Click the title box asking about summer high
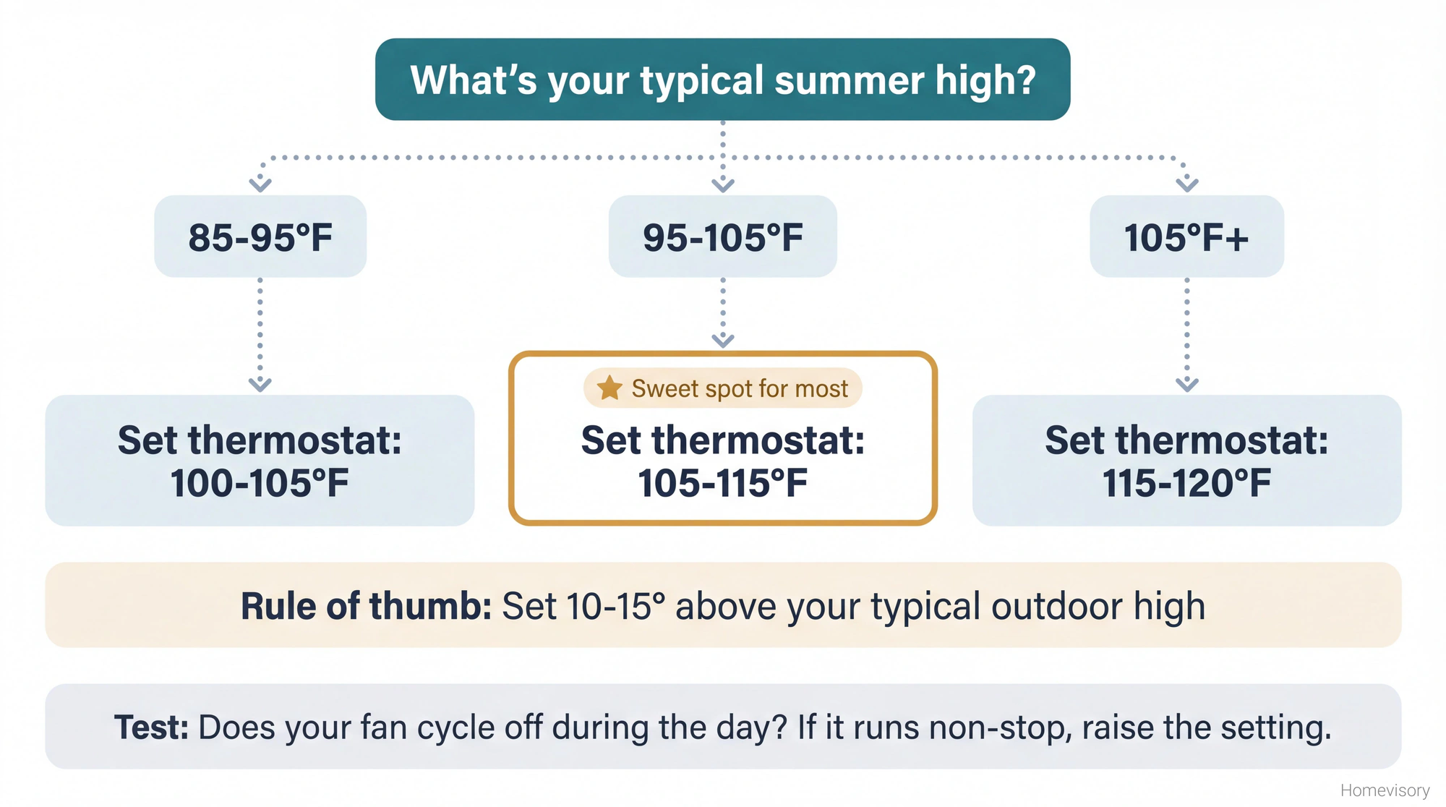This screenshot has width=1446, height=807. click(722, 80)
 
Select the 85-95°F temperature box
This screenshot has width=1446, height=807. click(260, 237)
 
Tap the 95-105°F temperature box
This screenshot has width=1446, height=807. click(722, 237)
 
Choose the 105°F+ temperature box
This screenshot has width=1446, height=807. click(1186, 237)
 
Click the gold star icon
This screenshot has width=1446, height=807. click(609, 388)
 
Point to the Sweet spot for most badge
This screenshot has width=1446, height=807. click(723, 388)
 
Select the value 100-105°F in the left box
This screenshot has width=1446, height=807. click(260, 483)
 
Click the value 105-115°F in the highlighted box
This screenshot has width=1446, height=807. click(722, 483)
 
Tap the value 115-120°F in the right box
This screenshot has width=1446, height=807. click(1186, 483)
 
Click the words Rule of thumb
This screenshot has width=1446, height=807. click(366, 606)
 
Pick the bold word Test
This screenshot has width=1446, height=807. click(151, 727)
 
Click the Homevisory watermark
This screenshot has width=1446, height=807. click(1385, 790)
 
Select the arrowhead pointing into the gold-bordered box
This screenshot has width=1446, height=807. click(723, 340)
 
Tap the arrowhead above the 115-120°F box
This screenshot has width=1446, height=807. click(1187, 384)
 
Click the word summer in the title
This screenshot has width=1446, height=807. click(849, 80)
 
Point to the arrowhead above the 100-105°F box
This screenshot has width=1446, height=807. click(260, 384)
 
